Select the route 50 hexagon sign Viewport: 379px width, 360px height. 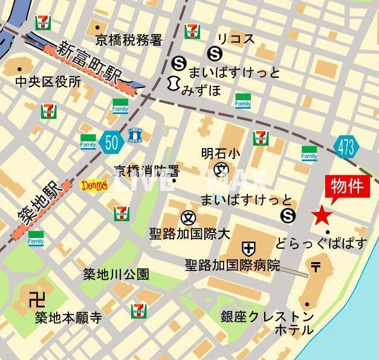(111, 142)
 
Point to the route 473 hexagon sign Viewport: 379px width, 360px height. (346, 146)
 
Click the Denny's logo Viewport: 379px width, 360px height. (94, 185)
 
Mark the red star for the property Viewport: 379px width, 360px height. (322, 214)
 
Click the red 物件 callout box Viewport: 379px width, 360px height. (347, 187)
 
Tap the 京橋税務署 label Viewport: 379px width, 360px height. (129, 40)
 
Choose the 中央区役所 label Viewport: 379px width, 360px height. (48, 82)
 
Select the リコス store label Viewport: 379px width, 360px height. (236, 39)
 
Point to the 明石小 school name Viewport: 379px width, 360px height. (220, 154)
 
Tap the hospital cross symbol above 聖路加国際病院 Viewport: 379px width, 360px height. (248, 248)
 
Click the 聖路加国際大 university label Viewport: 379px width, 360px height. (190, 233)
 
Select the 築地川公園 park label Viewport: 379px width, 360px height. (116, 274)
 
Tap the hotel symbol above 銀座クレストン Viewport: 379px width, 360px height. (316, 265)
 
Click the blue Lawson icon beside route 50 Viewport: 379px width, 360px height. (135, 136)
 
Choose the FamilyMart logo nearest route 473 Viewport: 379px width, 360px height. (309, 154)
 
